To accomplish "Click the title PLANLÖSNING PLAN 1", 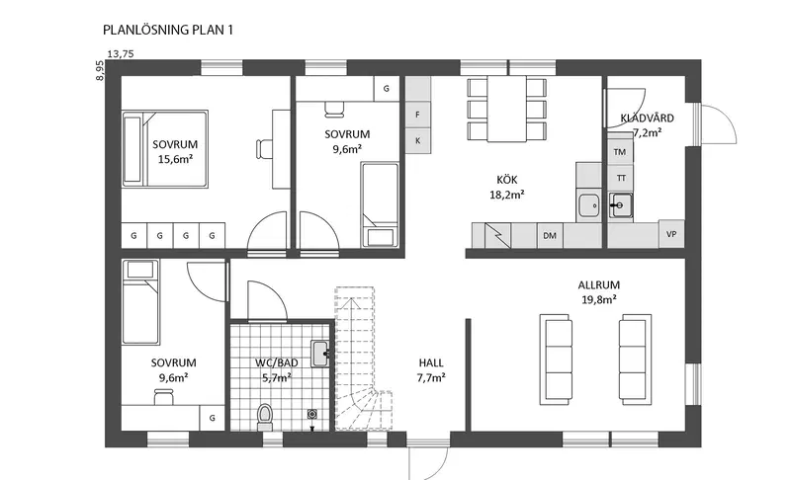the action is click(168, 30).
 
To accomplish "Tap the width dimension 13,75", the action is click(121, 54).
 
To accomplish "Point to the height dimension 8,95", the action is click(100, 70).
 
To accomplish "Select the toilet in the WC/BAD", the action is click(265, 417).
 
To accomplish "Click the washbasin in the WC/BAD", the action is click(319, 354).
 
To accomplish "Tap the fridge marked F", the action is click(417, 115).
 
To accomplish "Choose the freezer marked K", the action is click(417, 141).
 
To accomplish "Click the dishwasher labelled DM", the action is click(550, 235).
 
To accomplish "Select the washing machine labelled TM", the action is click(620, 152).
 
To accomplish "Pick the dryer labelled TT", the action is click(621, 178).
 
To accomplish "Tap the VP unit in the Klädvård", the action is click(671, 234).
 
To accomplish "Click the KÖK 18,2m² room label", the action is click(507, 187).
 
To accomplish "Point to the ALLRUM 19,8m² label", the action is click(599, 292).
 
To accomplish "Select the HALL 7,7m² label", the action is click(431, 369).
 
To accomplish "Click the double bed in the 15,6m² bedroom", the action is click(165, 149).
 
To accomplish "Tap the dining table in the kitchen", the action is click(506, 109).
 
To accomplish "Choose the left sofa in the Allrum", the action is click(556, 360).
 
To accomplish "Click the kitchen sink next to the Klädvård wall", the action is click(589, 205).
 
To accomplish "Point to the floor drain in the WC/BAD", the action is click(312, 414).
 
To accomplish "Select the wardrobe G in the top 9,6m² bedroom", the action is click(387, 89).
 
